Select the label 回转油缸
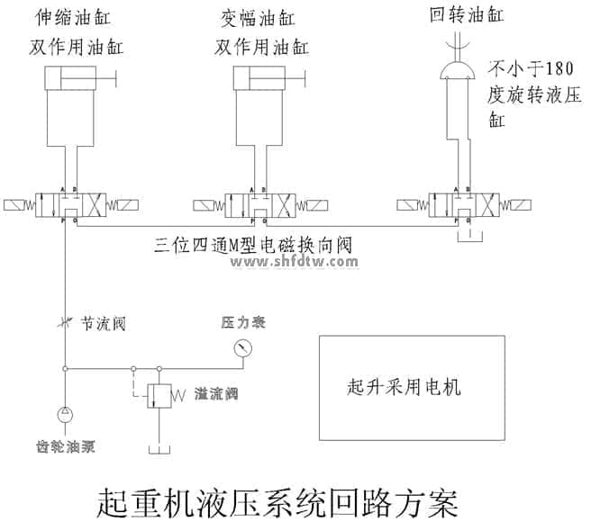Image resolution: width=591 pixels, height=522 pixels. point(467,15)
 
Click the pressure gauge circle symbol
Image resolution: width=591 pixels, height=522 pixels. point(241,347)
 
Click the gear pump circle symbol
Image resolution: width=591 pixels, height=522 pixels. point(64,415)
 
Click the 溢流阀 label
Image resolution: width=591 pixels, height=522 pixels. point(214,394)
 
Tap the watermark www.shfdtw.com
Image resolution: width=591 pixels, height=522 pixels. point(295,262)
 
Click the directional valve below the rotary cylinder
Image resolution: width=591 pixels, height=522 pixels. point(459,204)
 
